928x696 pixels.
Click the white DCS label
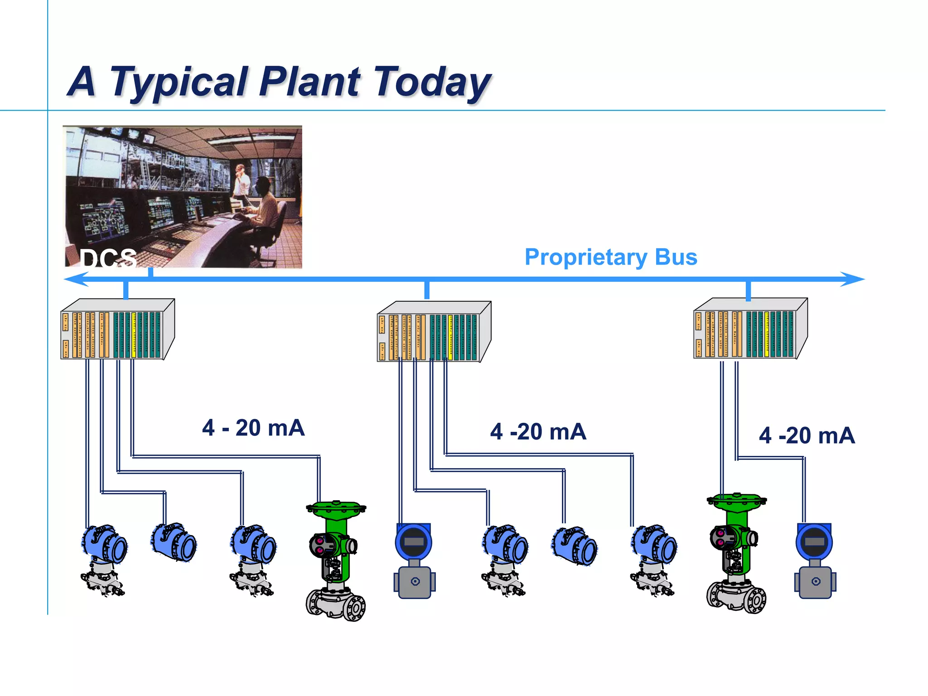point(108,259)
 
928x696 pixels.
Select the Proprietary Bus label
point(610,257)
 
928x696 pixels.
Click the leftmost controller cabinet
point(117,329)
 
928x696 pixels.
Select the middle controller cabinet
point(434,332)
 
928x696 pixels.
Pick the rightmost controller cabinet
point(750,329)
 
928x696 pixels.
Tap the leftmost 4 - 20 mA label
point(253,428)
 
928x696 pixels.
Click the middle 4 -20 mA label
point(538,431)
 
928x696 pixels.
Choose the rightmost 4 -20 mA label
point(807,435)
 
